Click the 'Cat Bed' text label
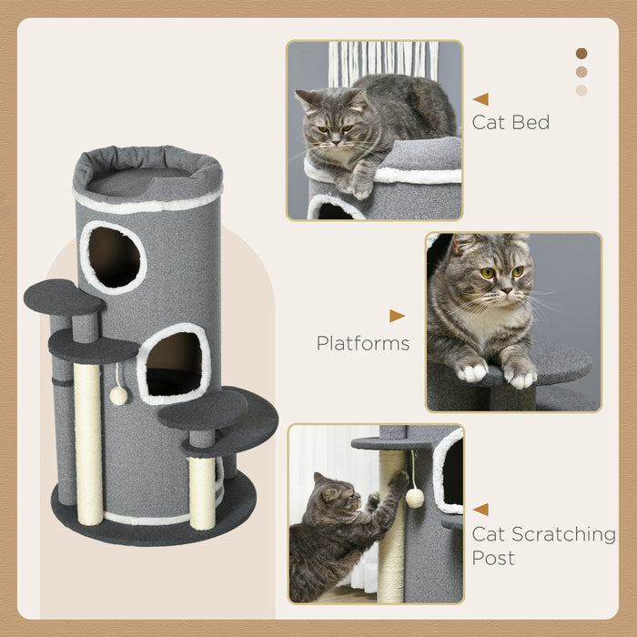pyautogui.click(x=511, y=122)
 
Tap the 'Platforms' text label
pyautogui.click(x=362, y=343)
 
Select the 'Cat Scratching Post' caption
pyautogui.click(x=543, y=545)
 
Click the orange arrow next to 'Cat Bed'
pyautogui.click(x=480, y=99)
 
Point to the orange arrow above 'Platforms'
pyautogui.click(x=397, y=316)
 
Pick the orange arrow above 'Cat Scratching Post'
pyautogui.click(x=480, y=510)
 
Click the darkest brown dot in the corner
pyautogui.click(x=581, y=54)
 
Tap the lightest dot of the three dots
pyautogui.click(x=581, y=90)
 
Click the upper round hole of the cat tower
pyautogui.click(x=114, y=258)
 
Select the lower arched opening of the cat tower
pyautogui.click(x=174, y=364)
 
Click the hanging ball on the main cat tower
pyautogui.click(x=117, y=395)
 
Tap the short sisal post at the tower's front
pyautogui.click(x=202, y=491)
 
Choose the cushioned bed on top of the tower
pyautogui.click(x=147, y=174)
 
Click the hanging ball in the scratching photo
pyautogui.click(x=415, y=497)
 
